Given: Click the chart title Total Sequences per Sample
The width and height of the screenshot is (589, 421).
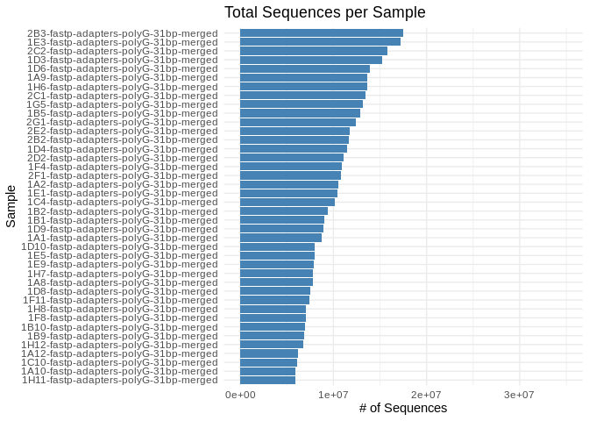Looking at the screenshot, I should click(x=324, y=12).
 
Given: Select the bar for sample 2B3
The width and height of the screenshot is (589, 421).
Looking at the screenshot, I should click(x=321, y=32).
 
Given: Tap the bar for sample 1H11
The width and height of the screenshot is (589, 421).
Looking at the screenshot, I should click(x=267, y=380).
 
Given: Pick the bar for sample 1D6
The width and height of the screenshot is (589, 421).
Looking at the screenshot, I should click(x=304, y=68).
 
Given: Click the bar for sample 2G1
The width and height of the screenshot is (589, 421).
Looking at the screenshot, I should click(x=297, y=122).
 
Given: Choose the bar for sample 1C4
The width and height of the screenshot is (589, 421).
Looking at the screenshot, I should click(x=287, y=202).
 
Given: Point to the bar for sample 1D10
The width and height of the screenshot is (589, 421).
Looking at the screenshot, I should click(x=277, y=246).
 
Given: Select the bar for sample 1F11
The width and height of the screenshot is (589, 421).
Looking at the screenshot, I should click(x=274, y=300).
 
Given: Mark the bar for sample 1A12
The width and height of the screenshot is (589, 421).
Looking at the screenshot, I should click(x=269, y=353).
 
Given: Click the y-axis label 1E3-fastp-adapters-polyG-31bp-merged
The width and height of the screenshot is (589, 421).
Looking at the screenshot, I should click(x=122, y=42).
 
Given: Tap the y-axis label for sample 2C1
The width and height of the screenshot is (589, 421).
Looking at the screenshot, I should click(x=122, y=96).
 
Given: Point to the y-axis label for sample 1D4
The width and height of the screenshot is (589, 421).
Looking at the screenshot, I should click(x=122, y=149).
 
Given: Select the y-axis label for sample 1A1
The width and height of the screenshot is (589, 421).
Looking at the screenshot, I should click(x=122, y=238).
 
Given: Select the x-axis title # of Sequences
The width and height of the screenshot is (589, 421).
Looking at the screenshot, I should click(x=403, y=409).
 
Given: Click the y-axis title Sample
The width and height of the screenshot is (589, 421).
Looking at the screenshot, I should click(x=11, y=206).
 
